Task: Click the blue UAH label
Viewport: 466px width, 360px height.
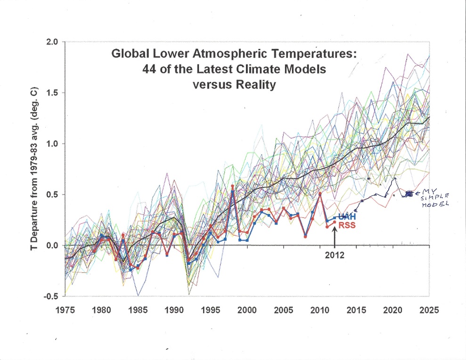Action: click(347, 216)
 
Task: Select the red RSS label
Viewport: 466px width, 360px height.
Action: click(346, 226)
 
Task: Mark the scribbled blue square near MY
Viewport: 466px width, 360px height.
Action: click(409, 194)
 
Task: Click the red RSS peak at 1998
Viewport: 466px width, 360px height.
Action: click(233, 187)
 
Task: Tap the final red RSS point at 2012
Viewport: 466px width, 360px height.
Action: click(335, 222)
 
